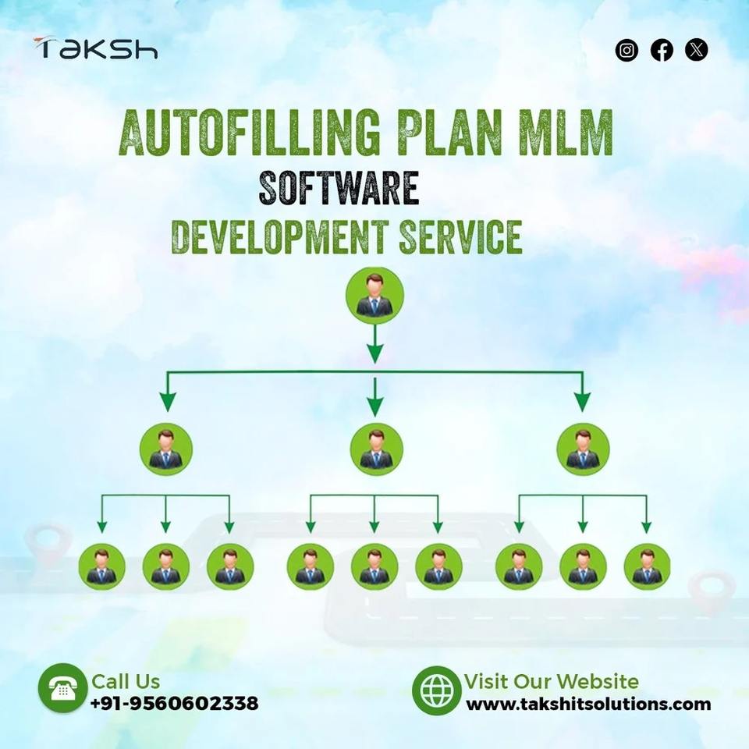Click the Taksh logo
(95, 48)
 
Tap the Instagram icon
(627, 51)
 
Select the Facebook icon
(662, 51)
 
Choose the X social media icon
(697, 51)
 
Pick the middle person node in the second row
(376, 449)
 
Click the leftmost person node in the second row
(166, 449)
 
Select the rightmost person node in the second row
(583, 449)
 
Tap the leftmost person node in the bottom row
(101, 566)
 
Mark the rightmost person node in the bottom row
(647, 566)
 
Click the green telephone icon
(62, 688)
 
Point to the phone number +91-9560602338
(174, 704)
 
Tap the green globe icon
(435, 690)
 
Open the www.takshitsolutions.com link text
(588, 705)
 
